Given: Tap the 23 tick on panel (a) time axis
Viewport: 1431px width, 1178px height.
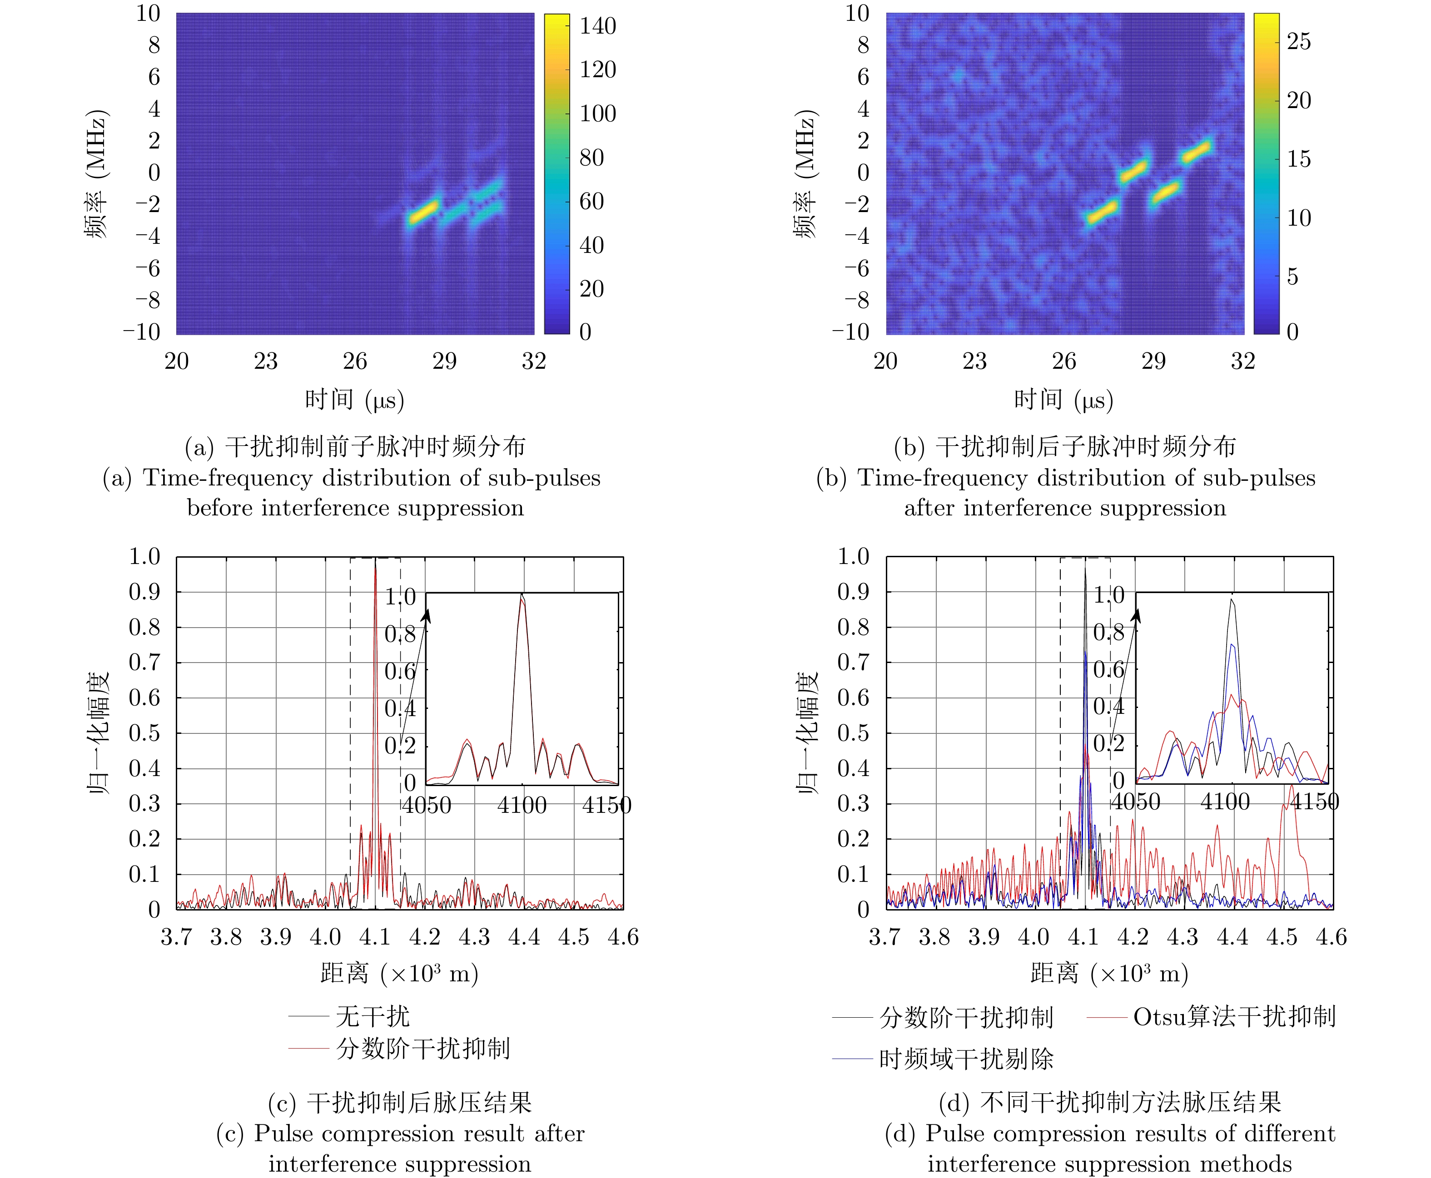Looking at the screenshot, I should pos(265,361).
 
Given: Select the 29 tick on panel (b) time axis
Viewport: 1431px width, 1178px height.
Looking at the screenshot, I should pos(1153,361).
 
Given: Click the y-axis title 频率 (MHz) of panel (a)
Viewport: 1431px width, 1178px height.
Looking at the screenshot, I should pos(96,174).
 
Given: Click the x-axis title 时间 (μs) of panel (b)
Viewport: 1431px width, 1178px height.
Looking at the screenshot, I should pos(1063,400).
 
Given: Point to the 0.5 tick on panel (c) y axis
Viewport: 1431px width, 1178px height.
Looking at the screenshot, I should pos(144,733).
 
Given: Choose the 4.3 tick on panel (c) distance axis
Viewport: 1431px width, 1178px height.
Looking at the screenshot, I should pos(474,937).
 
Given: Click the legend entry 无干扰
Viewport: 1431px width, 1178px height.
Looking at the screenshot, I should pos(373,1016).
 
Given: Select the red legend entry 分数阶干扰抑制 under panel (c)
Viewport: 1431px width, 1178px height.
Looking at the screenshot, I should pos(422,1049).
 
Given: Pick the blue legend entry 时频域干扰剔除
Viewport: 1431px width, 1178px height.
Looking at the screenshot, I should pos(966,1059).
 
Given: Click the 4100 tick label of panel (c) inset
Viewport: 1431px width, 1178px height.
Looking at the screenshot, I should pos(522,806).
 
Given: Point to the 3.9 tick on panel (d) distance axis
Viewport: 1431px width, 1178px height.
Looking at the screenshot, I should pos(984,937).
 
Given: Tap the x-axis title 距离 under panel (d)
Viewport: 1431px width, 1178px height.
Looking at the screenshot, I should pos(1053,974).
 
